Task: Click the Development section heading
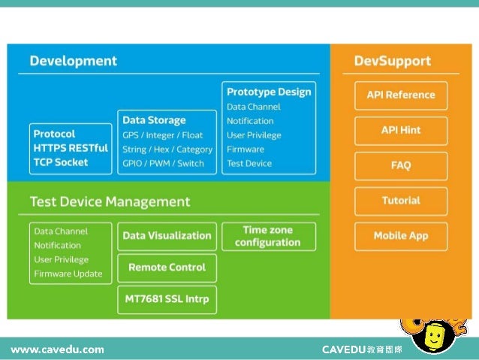(x=73, y=60)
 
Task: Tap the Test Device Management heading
(x=110, y=202)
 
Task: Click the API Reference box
(x=400, y=95)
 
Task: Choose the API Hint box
(x=400, y=130)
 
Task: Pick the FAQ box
(x=400, y=165)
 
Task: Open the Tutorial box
(x=400, y=201)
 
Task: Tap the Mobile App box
(x=400, y=236)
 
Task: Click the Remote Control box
(x=167, y=268)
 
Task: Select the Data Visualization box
(x=167, y=236)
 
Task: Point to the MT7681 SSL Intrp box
(x=167, y=300)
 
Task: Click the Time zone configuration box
(x=267, y=236)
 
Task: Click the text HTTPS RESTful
(x=71, y=148)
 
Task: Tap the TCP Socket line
(x=61, y=162)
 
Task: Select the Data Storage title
(x=154, y=120)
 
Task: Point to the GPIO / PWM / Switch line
(x=163, y=162)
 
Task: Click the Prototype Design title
(x=269, y=92)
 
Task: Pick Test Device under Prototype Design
(x=249, y=163)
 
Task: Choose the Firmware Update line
(x=68, y=274)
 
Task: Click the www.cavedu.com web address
(x=57, y=349)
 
